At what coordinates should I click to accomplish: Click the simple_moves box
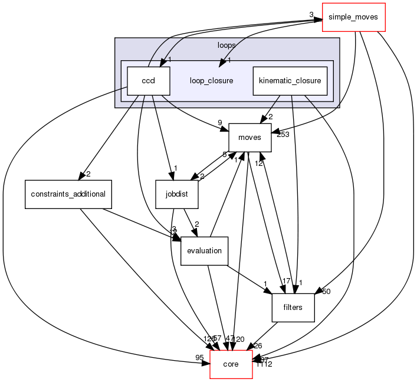[353, 17]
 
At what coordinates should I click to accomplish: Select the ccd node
[148, 81]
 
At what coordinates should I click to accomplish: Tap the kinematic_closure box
[290, 81]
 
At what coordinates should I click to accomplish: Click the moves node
[249, 138]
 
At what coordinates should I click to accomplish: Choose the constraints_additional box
[68, 194]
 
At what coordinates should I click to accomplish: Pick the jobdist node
[176, 194]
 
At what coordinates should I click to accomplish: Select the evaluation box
[204, 251]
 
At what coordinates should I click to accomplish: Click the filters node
[293, 308]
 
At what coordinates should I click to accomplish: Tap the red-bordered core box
[231, 364]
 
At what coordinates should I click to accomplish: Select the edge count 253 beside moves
[284, 135]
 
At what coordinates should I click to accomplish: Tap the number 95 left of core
[201, 357]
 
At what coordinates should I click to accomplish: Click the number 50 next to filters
[326, 291]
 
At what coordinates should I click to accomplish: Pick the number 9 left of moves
[221, 123]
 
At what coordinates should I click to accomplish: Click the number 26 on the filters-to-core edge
[258, 346]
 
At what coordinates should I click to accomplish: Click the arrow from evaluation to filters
[248, 277]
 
